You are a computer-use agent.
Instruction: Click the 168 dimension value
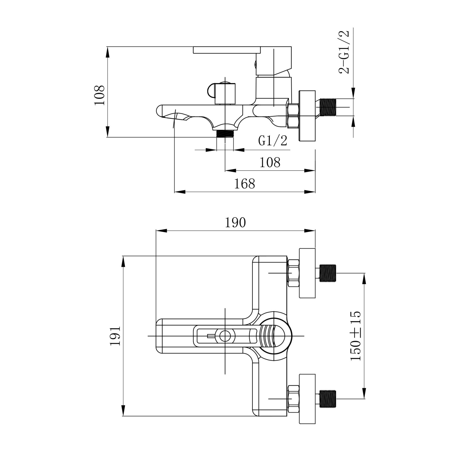(x=245, y=184)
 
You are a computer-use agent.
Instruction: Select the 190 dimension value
(x=235, y=222)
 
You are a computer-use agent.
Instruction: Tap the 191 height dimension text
(x=115, y=336)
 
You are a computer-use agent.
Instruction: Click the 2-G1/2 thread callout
(x=344, y=52)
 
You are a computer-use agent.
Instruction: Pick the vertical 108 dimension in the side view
(x=99, y=95)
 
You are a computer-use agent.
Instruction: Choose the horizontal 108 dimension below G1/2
(x=270, y=162)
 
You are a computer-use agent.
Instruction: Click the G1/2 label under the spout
(x=273, y=141)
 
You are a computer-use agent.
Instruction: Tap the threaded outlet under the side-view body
(x=225, y=133)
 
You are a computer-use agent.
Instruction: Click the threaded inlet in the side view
(x=328, y=107)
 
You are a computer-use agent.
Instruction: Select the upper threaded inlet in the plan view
(x=328, y=273)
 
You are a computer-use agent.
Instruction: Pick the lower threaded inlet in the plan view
(x=328, y=399)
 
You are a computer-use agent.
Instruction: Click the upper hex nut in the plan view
(x=293, y=273)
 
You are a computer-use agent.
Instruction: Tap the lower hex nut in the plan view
(x=293, y=399)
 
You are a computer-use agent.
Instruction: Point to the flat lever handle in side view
(x=227, y=50)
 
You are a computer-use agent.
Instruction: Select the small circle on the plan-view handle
(x=225, y=336)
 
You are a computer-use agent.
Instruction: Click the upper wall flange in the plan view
(x=307, y=273)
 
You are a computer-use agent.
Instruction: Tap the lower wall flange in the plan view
(x=307, y=399)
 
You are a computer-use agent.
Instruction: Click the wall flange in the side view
(x=307, y=116)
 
